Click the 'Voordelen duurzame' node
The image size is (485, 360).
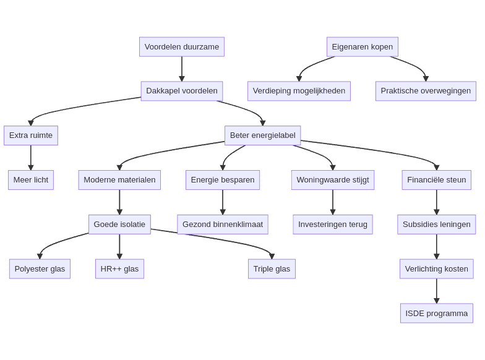(182, 47)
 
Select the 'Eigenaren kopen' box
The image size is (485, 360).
(363, 47)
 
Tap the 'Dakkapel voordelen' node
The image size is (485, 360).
(182, 91)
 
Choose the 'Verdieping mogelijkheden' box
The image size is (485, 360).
(299, 91)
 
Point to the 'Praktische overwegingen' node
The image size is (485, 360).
(426, 91)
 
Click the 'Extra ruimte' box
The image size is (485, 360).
(31, 135)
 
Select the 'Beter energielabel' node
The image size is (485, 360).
(263, 135)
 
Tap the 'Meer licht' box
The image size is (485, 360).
(31, 180)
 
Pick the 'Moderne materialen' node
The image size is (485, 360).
(119, 180)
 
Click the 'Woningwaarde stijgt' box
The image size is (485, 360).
(333, 180)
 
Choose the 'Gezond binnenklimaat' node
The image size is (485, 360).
(223, 225)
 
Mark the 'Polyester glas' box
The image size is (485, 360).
(40, 269)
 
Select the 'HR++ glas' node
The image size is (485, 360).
(119, 269)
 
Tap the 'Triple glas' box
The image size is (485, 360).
(272, 269)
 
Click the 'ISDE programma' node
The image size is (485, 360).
(437, 314)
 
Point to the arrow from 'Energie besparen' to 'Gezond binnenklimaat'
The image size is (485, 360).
(223, 202)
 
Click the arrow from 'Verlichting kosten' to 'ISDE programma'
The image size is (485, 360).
(437, 291)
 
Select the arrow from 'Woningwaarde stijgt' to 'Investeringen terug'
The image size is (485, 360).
(333, 202)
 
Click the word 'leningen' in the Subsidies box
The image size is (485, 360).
(455, 225)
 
